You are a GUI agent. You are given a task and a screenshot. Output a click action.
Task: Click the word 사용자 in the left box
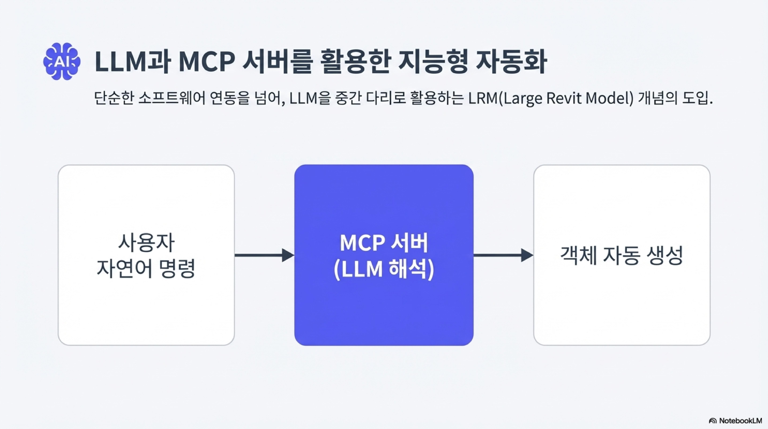coord(146,242)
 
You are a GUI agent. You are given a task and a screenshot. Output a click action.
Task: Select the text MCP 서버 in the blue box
coord(384,242)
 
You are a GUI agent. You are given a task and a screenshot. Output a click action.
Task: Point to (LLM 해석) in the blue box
coord(384,269)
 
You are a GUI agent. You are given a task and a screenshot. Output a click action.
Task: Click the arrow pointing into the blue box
coord(264,255)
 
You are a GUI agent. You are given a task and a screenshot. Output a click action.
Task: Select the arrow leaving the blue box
coord(503,255)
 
